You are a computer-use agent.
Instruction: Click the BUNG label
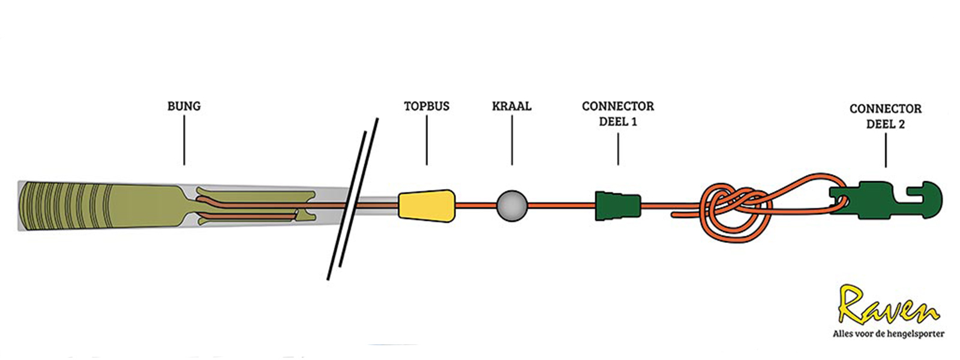(184, 106)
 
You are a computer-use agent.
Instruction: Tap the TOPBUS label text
(427, 106)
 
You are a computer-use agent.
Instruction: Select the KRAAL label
(512, 106)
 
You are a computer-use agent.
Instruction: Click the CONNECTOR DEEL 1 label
(618, 113)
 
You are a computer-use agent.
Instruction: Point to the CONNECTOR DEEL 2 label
(886, 116)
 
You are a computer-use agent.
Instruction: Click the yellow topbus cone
(427, 205)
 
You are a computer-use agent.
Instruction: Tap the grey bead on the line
(512, 206)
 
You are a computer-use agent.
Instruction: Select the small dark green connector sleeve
(617, 205)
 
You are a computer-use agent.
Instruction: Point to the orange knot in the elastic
(735, 210)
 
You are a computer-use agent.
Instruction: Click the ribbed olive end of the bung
(66, 206)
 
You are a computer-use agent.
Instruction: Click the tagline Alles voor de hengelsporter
(888, 334)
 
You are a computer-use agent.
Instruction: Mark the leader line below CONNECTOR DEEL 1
(618, 149)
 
